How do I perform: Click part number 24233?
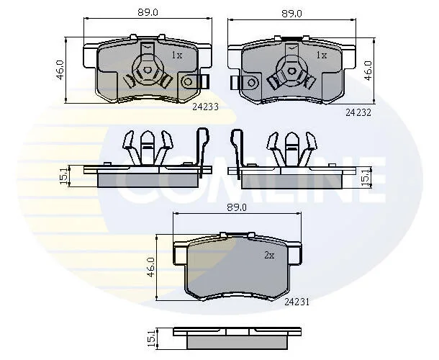(x=205, y=107)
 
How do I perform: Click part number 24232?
(x=358, y=112)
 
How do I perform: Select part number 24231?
(x=297, y=302)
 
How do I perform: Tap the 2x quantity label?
(x=269, y=255)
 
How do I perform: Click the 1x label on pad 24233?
(x=176, y=55)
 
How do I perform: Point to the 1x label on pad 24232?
(x=322, y=55)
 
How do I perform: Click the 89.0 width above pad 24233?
(x=148, y=13)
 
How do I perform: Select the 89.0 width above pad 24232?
(x=291, y=14)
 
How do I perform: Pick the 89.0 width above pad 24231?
(x=237, y=207)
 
